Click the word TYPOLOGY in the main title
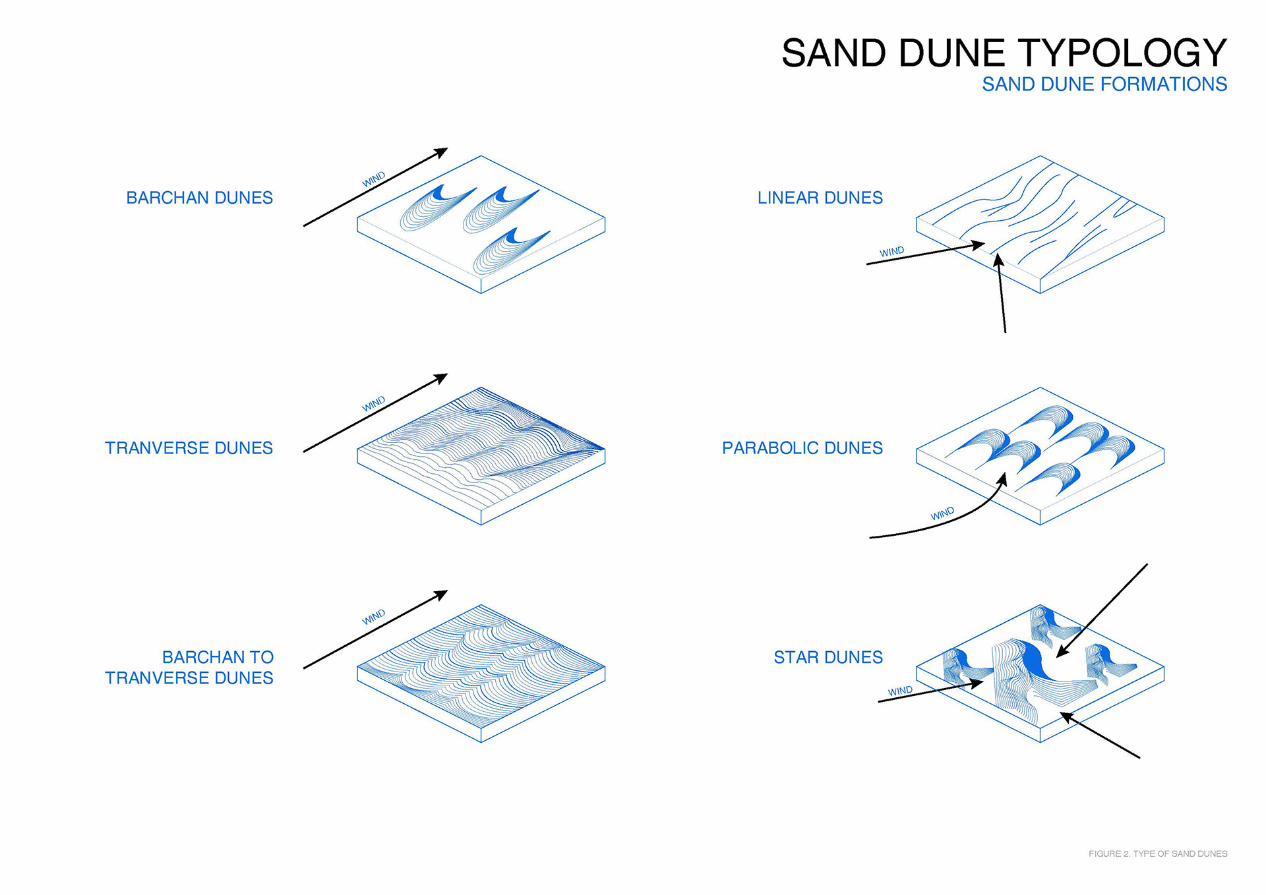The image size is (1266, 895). click(x=1122, y=53)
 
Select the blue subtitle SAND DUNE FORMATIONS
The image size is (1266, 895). click(x=1104, y=84)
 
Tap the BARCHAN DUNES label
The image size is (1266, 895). click(x=199, y=198)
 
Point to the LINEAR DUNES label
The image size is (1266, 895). click(x=820, y=198)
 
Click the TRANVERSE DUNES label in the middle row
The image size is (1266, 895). click(x=189, y=448)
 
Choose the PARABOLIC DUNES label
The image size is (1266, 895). click(x=802, y=448)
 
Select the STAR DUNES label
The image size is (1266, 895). click(x=828, y=657)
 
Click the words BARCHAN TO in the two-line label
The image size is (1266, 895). click(x=218, y=657)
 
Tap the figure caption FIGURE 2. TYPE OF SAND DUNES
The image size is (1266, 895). click(x=1157, y=853)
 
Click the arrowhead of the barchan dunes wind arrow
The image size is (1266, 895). click(x=442, y=152)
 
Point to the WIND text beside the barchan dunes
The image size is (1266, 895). click(x=373, y=179)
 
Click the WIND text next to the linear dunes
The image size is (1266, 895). click(x=891, y=252)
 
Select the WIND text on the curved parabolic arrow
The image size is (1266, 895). click(x=942, y=513)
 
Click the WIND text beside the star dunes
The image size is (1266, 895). click(x=900, y=691)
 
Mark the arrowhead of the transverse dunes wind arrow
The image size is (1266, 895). click(x=442, y=377)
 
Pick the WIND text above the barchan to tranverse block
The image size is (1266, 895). click(x=373, y=617)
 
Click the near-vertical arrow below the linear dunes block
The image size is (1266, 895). click(x=1002, y=297)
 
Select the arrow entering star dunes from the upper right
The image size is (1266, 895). click(x=1101, y=610)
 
